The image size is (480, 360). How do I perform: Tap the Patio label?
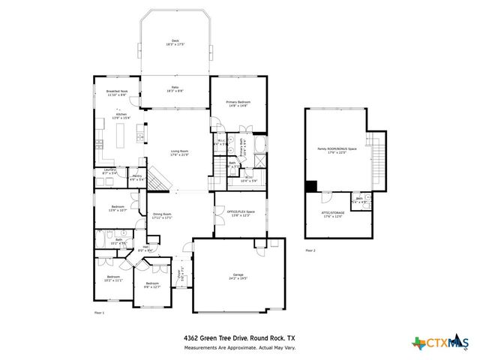pyautogui.click(x=175, y=88)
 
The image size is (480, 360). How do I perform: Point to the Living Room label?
pyautogui.click(x=178, y=154)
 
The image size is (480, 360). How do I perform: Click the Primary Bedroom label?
pyautogui.click(x=238, y=103)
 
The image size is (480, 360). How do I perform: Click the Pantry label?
pyautogui.click(x=136, y=178)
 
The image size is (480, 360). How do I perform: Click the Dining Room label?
pyautogui.click(x=162, y=215)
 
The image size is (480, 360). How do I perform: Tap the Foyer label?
pyautogui.click(x=179, y=284)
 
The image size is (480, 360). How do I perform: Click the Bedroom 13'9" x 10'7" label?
pyautogui.click(x=118, y=208)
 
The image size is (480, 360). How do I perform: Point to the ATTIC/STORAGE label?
pyautogui.click(x=333, y=215)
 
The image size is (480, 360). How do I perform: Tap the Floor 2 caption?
pyautogui.click(x=310, y=250)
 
